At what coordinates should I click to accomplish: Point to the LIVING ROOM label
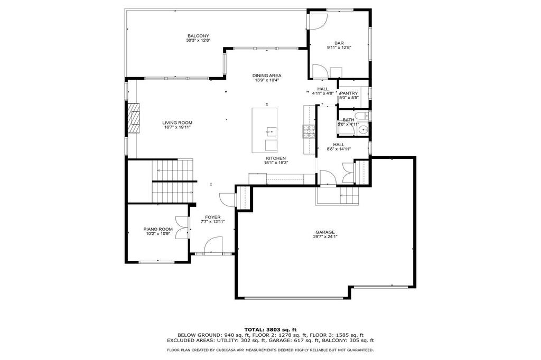coord(178,123)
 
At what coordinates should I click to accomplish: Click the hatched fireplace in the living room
coord(134,118)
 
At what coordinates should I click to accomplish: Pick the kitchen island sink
coord(271,131)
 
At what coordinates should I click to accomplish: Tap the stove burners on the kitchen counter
coord(309,131)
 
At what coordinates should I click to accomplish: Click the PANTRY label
coord(349,93)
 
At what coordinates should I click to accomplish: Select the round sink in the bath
coord(363,130)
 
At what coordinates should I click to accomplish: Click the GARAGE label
coord(325,232)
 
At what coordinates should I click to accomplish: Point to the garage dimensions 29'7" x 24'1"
coord(325,236)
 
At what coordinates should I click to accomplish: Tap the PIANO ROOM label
coord(158,229)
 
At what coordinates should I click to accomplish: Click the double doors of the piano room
coord(182,228)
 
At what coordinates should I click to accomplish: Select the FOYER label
coord(212,217)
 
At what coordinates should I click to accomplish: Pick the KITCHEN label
coord(276,158)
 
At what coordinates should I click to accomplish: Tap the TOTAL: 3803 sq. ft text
coord(270,329)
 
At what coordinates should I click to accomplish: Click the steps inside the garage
coord(349,195)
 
